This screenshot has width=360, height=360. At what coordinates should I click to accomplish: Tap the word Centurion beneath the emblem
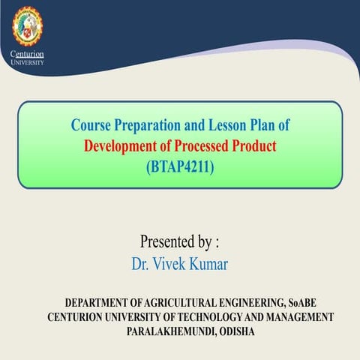(28, 55)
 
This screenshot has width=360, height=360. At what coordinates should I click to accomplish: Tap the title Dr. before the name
(142, 263)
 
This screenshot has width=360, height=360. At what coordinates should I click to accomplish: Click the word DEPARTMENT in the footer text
(100, 303)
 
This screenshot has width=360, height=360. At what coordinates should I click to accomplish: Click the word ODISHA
(232, 331)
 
